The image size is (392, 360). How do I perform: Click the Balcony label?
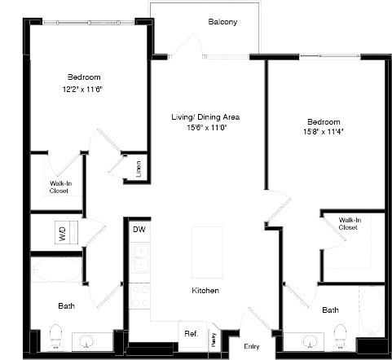[222, 22]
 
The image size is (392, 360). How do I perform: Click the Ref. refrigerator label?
[190, 333]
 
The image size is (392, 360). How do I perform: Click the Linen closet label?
[139, 169]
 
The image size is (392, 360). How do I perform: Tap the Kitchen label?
[204, 291]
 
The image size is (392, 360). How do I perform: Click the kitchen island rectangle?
[206, 252]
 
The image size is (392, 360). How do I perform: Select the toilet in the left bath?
[56, 335]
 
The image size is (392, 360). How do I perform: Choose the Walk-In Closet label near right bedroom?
[349, 223]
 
